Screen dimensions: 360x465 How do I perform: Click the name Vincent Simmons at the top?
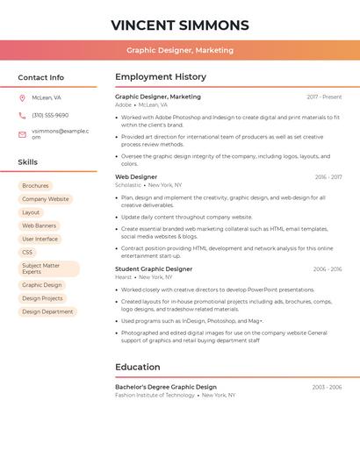point(180,25)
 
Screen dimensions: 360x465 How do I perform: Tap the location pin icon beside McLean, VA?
point(22,97)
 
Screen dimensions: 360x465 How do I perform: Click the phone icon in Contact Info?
point(22,115)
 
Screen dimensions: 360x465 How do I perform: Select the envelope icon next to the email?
point(22,134)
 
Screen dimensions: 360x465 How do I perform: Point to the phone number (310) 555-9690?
point(50,115)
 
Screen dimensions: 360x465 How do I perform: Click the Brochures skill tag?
point(35,186)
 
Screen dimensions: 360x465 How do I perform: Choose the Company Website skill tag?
point(46,199)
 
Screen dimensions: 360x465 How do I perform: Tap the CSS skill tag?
point(27,252)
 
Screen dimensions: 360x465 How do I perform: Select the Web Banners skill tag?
point(40,225)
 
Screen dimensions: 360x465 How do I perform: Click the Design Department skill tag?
point(47,311)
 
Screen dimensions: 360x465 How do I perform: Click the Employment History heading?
point(161,77)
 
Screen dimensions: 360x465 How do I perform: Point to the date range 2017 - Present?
point(324,97)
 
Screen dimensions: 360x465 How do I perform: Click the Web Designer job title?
point(136,177)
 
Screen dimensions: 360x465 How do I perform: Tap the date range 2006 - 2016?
point(328,269)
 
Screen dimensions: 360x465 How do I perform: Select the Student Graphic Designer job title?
point(154,269)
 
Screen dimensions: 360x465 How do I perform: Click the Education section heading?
point(138,367)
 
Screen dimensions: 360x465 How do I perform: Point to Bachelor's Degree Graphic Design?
point(166,387)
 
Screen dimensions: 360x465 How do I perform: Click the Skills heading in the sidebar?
point(28,162)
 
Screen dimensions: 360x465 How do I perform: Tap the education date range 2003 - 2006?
point(327,387)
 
